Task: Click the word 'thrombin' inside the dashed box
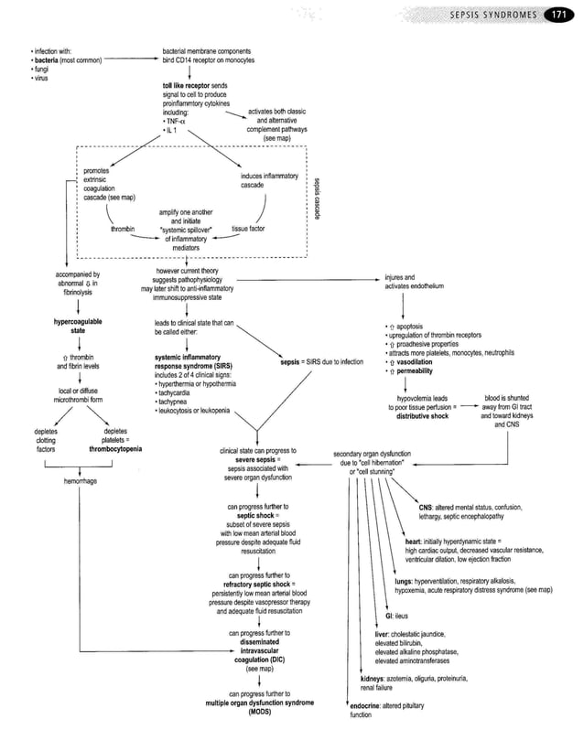[123, 229]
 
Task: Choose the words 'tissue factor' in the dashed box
[248, 229]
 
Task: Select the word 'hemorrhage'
[82, 481]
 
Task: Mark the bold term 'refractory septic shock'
[253, 584]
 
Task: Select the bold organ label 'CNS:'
[426, 507]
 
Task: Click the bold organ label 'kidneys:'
[376, 678]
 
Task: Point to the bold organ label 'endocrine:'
[368, 705]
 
